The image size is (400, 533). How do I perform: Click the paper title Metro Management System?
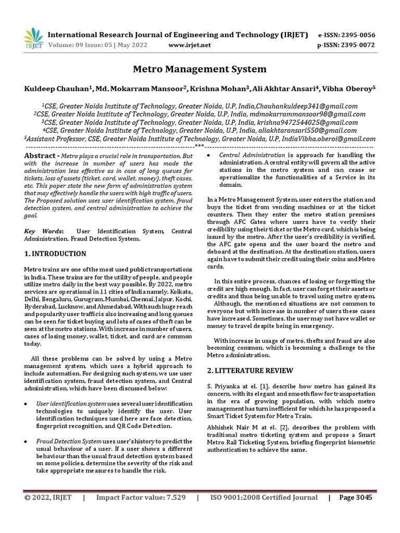tap(200, 69)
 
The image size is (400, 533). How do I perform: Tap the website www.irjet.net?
tap(190, 45)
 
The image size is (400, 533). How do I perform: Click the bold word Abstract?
tap(40, 156)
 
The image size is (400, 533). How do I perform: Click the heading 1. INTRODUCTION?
tap(55, 254)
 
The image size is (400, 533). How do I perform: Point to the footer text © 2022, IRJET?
tap(48, 498)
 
